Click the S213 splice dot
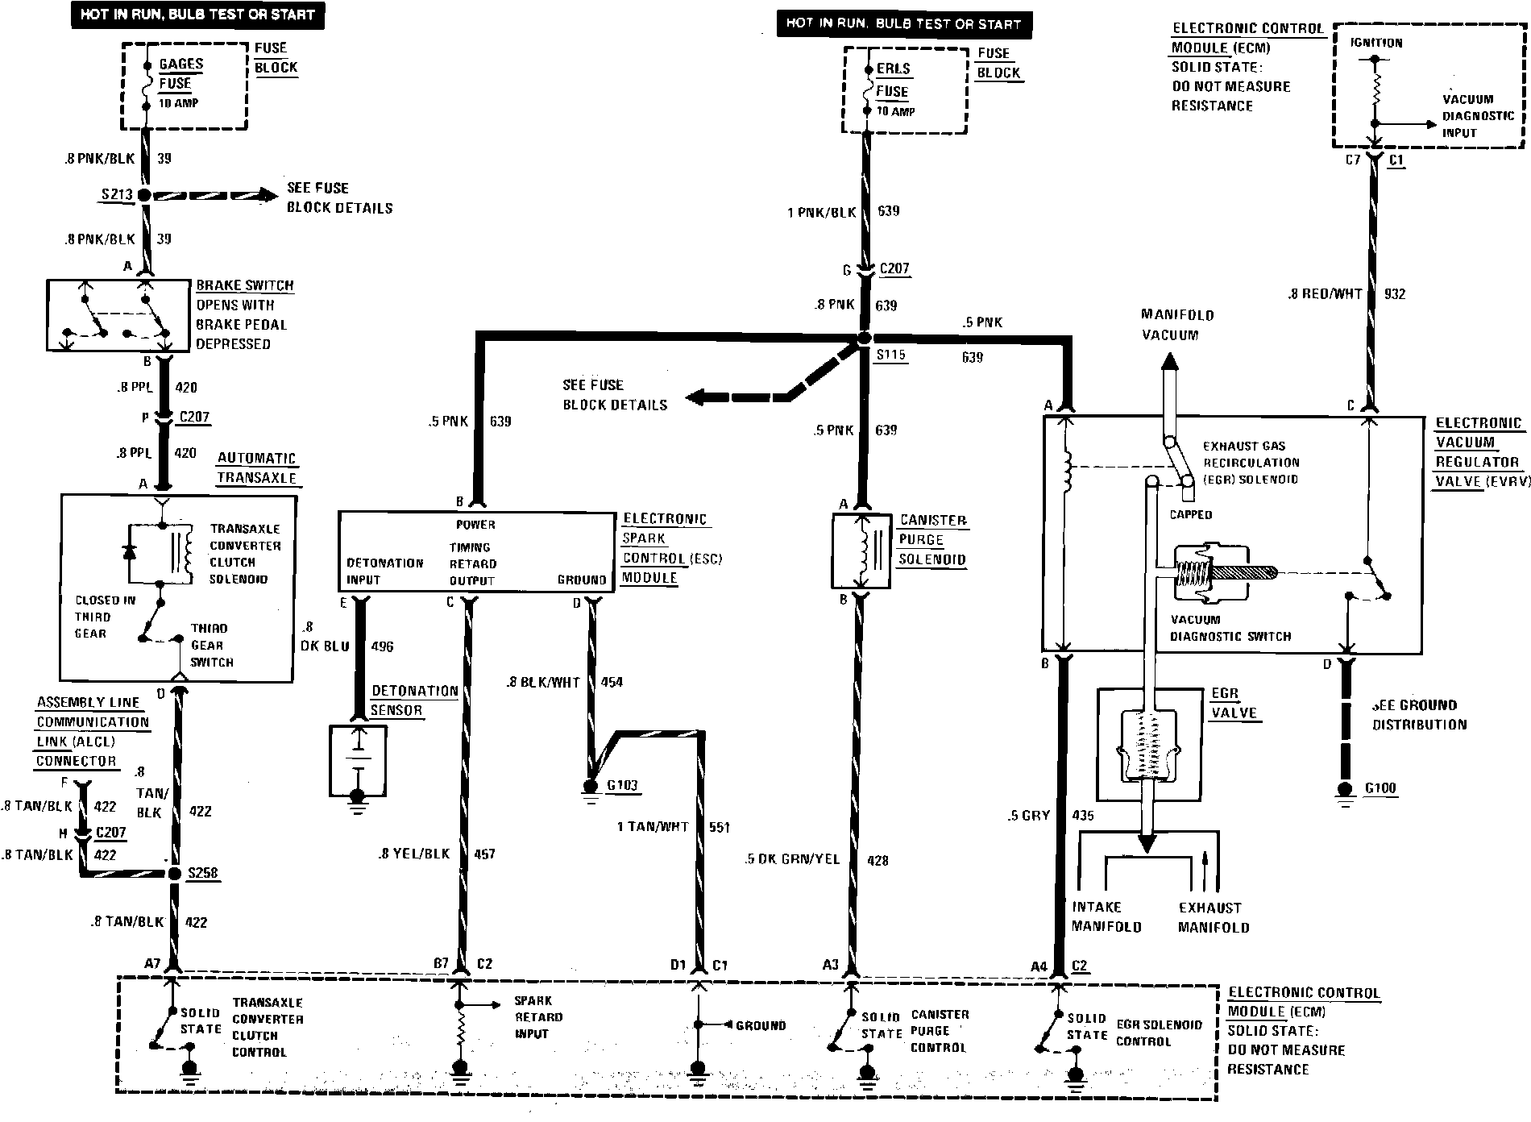point(145,195)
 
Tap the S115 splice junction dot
point(864,339)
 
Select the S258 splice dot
point(175,874)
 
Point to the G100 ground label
point(1380,788)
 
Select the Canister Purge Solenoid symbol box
point(861,551)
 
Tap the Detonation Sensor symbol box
point(358,760)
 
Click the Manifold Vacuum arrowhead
point(1169,362)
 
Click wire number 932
point(1395,294)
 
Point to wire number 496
point(382,646)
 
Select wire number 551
point(719,827)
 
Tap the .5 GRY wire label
point(1028,816)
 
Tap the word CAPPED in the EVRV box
point(1191,514)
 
